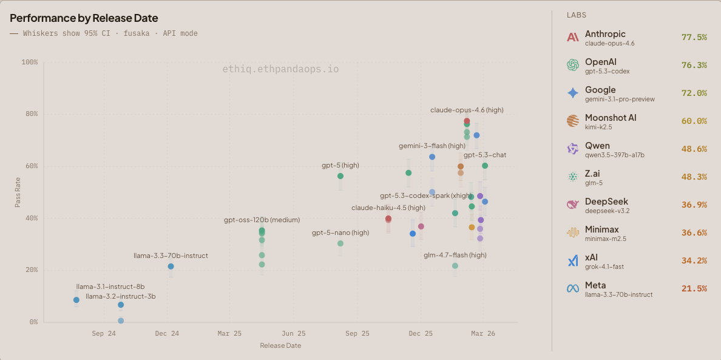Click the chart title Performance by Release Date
pos(84,18)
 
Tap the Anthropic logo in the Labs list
pos(573,38)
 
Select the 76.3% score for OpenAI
pos(694,65)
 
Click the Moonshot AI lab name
pos(611,117)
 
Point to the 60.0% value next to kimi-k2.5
pos(694,121)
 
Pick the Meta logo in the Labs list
pos(573,289)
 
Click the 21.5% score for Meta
pos(694,288)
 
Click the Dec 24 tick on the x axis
pos(167,333)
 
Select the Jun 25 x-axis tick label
pos(293,333)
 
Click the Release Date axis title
pos(280,345)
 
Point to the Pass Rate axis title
pos(18,192)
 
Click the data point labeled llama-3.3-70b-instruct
pos(171,267)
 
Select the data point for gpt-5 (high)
pos(340,176)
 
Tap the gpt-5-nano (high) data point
pos(340,243)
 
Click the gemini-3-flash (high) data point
pos(432,157)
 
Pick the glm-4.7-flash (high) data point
pos(455,266)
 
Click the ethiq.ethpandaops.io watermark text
pos(280,69)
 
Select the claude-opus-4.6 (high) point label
pos(467,110)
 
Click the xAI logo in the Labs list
pos(573,261)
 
